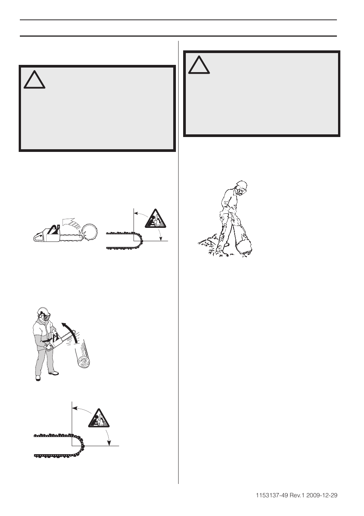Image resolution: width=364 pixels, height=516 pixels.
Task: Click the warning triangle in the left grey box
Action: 34,79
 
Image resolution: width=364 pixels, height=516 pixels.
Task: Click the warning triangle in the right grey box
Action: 199,65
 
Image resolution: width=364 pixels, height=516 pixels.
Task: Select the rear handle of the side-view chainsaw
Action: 39,237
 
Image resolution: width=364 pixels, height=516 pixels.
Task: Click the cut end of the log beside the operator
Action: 84,361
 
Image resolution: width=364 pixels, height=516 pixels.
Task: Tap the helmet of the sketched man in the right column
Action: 241,185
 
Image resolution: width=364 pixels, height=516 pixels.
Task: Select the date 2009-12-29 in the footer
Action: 323,495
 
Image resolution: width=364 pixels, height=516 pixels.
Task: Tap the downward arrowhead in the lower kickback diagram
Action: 109,443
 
